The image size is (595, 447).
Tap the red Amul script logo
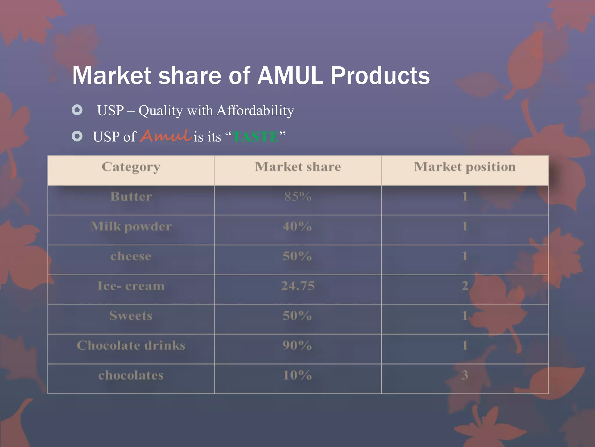coord(166,136)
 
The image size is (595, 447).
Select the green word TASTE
coord(256,137)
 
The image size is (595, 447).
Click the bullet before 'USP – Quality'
coord(77,110)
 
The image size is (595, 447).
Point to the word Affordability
coord(255,111)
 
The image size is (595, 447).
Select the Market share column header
coord(298,167)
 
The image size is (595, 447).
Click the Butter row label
coord(131,197)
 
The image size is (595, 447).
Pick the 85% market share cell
coord(298,197)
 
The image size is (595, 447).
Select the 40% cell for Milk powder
coord(297,226)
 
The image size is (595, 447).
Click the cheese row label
coord(131,256)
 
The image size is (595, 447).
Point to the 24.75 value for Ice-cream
coord(298,286)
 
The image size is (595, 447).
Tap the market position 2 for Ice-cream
coord(465,286)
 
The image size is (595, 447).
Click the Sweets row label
coord(131,316)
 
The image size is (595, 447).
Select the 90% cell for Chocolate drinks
coord(297,345)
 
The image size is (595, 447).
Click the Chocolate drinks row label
coord(131,346)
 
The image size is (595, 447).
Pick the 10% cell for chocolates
coord(297,375)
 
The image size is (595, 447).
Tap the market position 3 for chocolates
coord(465,375)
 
